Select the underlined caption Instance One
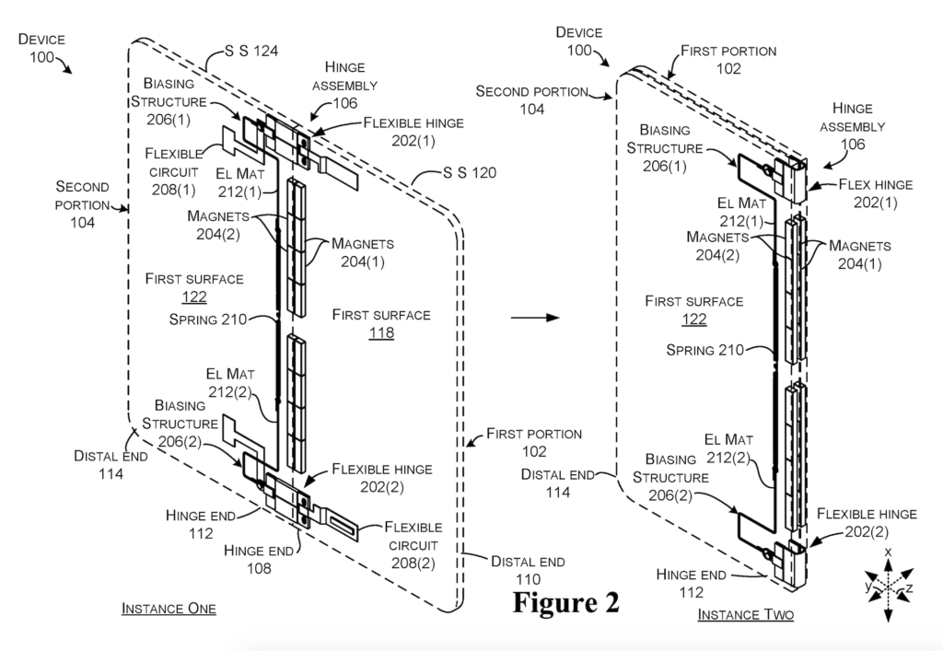tap(169, 609)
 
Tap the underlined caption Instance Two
tap(745, 613)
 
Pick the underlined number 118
tap(380, 332)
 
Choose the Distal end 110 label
tap(528, 570)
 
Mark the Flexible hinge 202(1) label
tap(413, 131)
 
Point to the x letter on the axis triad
tap(888, 552)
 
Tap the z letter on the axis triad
tap(910, 587)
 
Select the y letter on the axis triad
tap(867, 585)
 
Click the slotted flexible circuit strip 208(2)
tap(347, 529)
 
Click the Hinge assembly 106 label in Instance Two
tap(858, 126)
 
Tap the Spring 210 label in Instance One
tap(208, 320)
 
